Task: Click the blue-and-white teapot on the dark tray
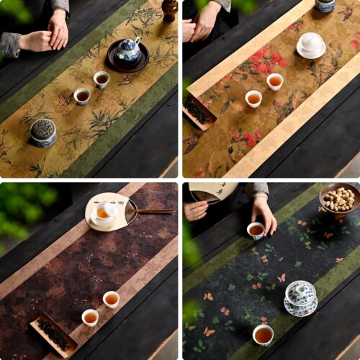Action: (x=130, y=50)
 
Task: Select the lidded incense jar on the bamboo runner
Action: (x=42, y=132)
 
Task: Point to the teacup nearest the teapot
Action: (x=102, y=79)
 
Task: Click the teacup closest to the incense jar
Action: (x=82, y=96)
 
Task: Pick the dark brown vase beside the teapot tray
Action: (x=169, y=9)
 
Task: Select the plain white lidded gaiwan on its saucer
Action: (x=311, y=45)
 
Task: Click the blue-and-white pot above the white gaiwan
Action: (x=325, y=5)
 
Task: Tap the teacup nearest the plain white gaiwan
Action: (x=275, y=81)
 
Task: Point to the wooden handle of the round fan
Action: (x=154, y=211)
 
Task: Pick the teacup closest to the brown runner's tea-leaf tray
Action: (x=90, y=318)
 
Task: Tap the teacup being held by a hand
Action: (x=256, y=230)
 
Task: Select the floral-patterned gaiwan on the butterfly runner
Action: (x=300, y=296)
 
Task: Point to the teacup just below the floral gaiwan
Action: (x=264, y=334)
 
